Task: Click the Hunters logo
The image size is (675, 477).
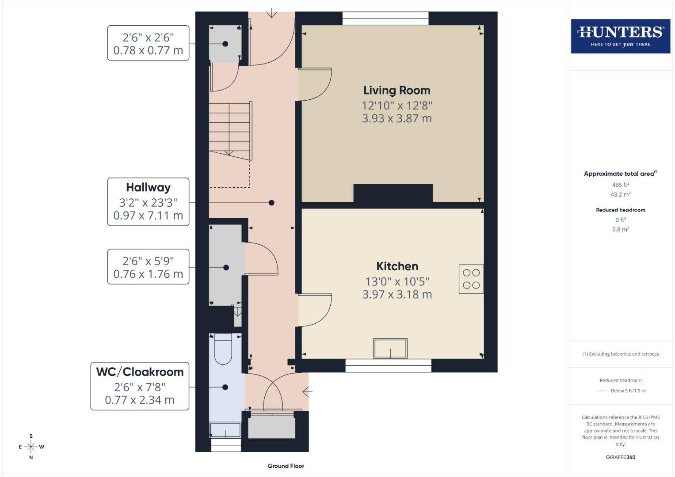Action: click(620, 36)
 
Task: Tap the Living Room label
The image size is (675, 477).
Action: click(397, 91)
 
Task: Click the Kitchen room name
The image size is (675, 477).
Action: click(397, 266)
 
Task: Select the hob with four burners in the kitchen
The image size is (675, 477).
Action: click(471, 279)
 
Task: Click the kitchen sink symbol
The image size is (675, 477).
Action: click(390, 348)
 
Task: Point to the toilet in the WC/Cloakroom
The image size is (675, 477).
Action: click(223, 348)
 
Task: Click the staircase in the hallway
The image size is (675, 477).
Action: click(230, 130)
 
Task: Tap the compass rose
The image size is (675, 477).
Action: click(31, 447)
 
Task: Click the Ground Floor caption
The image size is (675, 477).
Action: click(286, 466)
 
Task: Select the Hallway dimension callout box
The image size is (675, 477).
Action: click(148, 202)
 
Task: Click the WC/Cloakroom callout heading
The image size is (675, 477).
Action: click(140, 372)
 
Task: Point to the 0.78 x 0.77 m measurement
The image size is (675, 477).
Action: click(148, 50)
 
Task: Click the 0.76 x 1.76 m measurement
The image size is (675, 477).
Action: click(148, 274)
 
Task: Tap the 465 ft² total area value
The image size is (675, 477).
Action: click(620, 185)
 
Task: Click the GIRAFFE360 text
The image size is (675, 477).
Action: click(620, 457)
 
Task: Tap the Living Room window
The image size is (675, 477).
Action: click(385, 18)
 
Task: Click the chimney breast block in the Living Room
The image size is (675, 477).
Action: click(393, 193)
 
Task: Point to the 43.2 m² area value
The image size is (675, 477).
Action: click(620, 194)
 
